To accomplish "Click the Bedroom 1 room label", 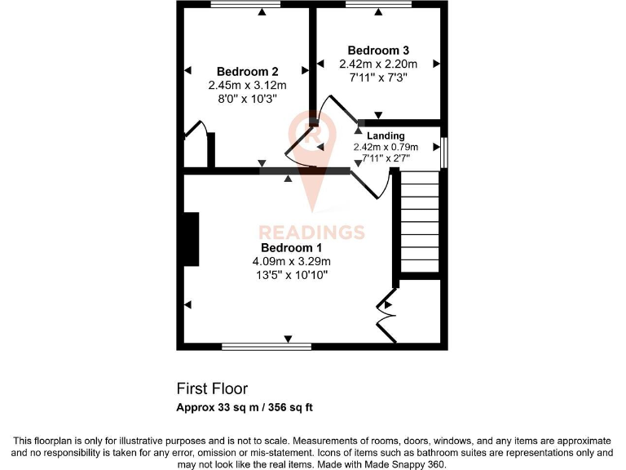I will coord(292,248).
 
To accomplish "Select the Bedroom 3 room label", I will coord(377,51).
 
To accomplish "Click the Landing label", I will coord(386,135).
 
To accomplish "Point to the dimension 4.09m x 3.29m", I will coord(292,261).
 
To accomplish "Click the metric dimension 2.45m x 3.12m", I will coord(247,85).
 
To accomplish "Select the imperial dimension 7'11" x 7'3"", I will coord(377,78).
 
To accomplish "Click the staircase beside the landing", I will coord(420,225).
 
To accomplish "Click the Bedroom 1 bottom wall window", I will coord(266,346).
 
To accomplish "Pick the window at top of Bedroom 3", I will coord(378,5).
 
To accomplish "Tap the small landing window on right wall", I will coord(444,153).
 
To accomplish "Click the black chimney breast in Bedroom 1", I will coord(192,240).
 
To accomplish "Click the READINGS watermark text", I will coord(311,233).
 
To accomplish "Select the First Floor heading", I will coord(212,389).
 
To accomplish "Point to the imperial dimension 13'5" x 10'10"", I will coord(292,275).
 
